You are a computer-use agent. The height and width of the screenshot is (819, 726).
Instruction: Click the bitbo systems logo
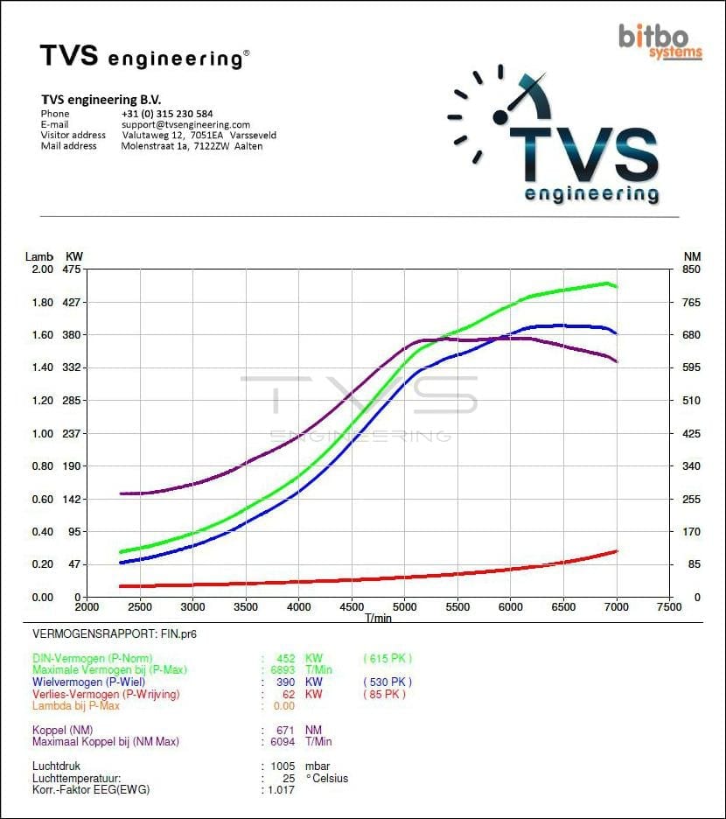660,40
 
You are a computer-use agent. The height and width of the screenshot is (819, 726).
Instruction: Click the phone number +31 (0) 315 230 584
167,114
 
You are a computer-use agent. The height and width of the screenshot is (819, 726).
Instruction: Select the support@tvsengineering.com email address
185,124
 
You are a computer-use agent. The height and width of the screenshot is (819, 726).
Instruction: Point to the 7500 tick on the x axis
669,606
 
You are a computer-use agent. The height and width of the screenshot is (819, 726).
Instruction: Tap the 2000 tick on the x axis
87,606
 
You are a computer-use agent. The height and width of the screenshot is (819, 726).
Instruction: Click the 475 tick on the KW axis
71,269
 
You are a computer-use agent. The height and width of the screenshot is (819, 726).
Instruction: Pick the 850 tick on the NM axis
691,269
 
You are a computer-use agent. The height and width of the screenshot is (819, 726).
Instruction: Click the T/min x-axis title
379,618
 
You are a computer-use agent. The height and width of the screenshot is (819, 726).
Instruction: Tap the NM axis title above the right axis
692,256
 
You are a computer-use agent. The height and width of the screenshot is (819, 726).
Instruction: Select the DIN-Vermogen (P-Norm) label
92,659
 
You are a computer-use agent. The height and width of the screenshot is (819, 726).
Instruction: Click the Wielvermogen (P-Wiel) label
88,682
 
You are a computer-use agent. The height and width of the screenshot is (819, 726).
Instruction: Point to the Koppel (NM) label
62,730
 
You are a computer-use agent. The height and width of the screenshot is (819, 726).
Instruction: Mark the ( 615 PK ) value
387,659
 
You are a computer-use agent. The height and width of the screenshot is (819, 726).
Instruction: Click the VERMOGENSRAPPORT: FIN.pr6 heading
108,633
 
